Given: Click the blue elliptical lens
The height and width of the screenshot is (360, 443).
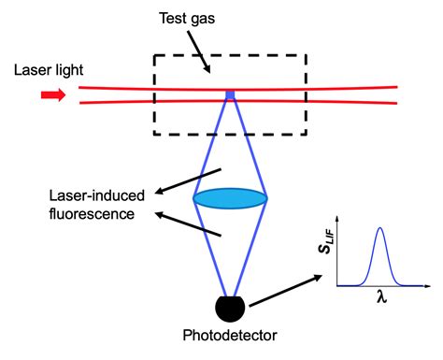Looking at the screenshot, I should tap(230, 198).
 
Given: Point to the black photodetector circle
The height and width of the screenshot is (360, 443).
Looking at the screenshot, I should tap(231, 306).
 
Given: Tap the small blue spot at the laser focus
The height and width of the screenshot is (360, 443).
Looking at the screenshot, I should tap(230, 94).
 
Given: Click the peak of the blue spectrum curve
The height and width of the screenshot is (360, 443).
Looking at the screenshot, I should tap(379, 229).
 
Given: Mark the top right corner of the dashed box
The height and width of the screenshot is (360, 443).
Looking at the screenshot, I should tap(306, 55).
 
